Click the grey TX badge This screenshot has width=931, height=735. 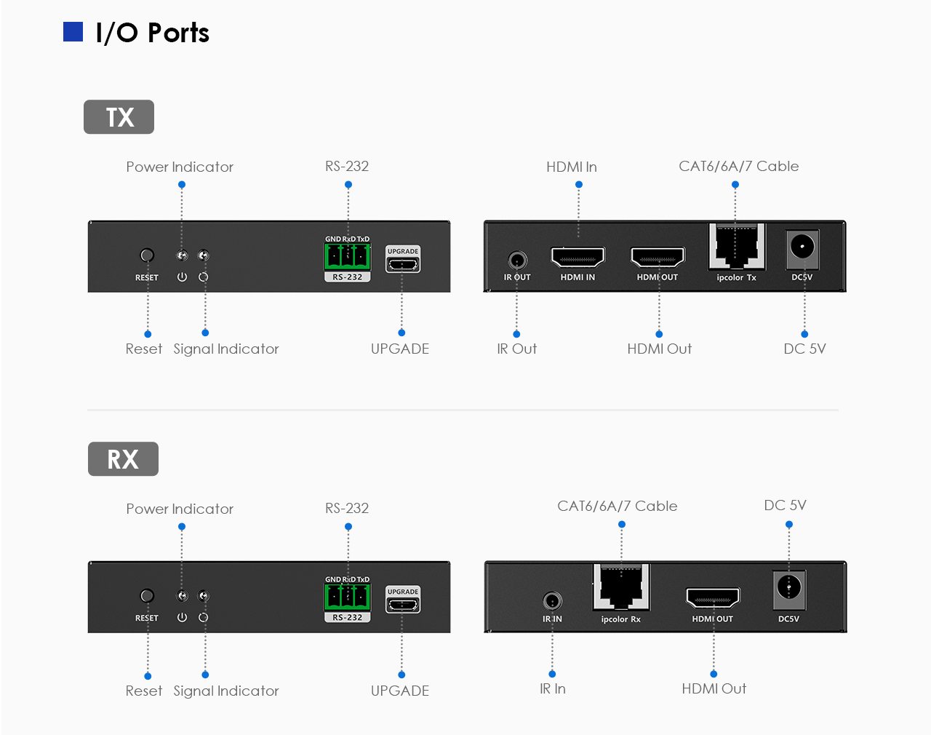(x=119, y=117)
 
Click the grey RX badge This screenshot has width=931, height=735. (x=123, y=459)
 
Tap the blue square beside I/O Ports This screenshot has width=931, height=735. (x=73, y=32)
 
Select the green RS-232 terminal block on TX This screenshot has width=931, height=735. (x=347, y=255)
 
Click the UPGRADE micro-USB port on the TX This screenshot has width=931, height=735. (x=402, y=264)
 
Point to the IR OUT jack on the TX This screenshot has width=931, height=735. (x=517, y=260)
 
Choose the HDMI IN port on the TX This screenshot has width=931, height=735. (x=578, y=258)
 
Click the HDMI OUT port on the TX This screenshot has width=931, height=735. (x=658, y=258)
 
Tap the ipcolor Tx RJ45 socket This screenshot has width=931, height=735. (x=737, y=247)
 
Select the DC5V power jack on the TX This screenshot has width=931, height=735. (x=802, y=247)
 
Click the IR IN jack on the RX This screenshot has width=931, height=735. (x=552, y=601)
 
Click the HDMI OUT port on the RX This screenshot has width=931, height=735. (x=713, y=598)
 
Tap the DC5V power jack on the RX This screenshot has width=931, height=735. (x=789, y=587)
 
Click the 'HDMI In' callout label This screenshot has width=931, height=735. (x=572, y=167)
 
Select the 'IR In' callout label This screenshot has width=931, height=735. (x=553, y=688)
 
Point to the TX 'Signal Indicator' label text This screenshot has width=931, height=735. (x=226, y=349)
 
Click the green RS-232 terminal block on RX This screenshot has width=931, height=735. (x=347, y=596)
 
